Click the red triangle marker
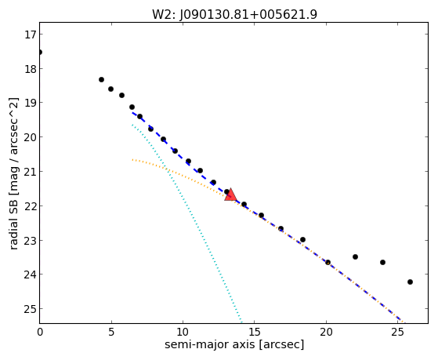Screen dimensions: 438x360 tap(230, 195)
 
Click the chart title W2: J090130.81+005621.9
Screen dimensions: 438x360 tap(234, 14)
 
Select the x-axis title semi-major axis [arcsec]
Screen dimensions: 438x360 tap(234, 344)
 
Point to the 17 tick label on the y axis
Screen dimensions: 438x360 tap(30, 35)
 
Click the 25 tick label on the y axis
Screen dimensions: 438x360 tap(30, 309)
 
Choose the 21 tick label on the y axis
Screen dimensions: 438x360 tap(30, 172)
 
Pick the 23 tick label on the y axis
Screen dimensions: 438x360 tap(30, 241)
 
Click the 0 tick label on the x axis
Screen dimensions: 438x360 tap(40, 332)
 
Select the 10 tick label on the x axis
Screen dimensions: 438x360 tap(183, 332)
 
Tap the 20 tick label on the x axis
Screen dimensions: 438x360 tap(326, 332)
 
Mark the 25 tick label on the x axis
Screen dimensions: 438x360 tap(397, 332)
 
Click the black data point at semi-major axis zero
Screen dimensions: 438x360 tap(40, 53)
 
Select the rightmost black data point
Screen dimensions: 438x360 tap(410, 282)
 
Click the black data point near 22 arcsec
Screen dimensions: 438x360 tap(355, 256)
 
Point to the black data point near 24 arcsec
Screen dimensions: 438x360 tap(382, 263)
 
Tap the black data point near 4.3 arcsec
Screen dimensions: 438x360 tap(101, 80)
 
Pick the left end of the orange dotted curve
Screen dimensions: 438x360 tap(132, 160)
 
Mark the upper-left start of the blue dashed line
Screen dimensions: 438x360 tap(132, 112)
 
